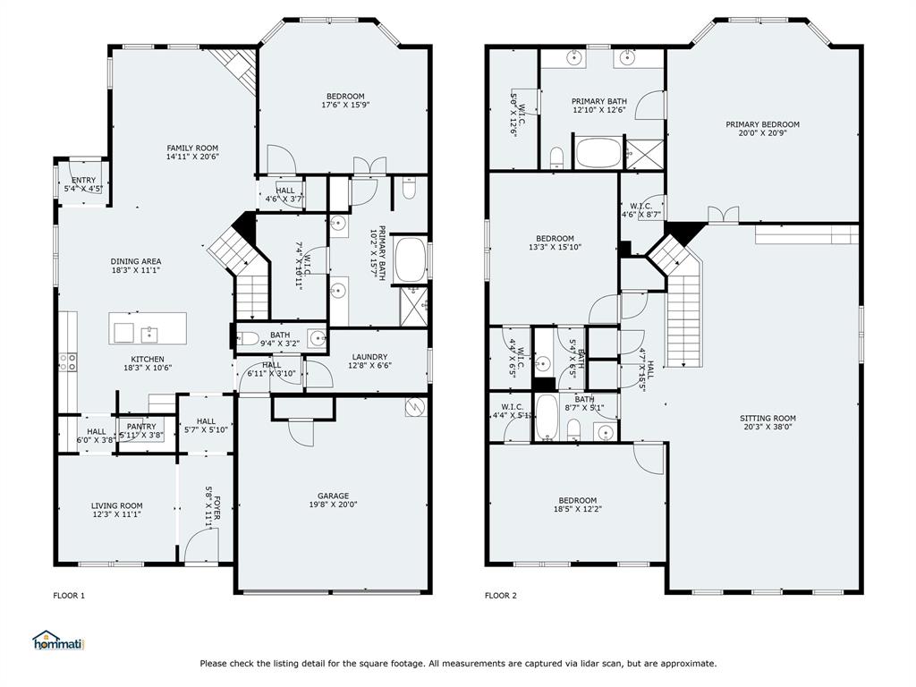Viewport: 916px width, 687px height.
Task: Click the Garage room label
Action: pyautogui.click(x=333, y=496)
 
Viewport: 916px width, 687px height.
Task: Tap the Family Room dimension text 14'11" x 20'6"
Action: pyautogui.click(x=192, y=157)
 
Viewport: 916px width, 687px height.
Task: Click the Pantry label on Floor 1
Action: pyautogui.click(x=141, y=427)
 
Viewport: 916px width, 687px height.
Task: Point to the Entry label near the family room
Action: pyautogui.click(x=83, y=181)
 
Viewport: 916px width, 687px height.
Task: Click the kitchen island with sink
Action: pyautogui.click(x=148, y=329)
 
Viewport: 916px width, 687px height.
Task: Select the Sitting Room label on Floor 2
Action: pyautogui.click(x=768, y=418)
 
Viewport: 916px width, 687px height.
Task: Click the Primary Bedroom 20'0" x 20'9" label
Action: pyautogui.click(x=762, y=125)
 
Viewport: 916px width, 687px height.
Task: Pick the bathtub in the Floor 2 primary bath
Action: pyautogui.click(x=598, y=153)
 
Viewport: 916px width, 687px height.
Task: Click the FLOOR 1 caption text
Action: pyautogui.click(x=69, y=596)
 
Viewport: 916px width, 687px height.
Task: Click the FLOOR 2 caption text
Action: pyautogui.click(x=501, y=596)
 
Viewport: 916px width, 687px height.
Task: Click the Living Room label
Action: pyautogui.click(x=116, y=505)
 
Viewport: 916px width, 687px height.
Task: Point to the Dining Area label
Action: pyautogui.click(x=136, y=261)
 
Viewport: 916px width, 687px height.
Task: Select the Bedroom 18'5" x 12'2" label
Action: pyautogui.click(x=577, y=500)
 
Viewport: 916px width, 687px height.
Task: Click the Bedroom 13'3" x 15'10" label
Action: pyautogui.click(x=551, y=239)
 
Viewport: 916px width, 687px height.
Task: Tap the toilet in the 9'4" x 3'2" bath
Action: pyautogui.click(x=248, y=338)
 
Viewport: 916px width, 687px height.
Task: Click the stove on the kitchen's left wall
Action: pyautogui.click(x=68, y=361)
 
